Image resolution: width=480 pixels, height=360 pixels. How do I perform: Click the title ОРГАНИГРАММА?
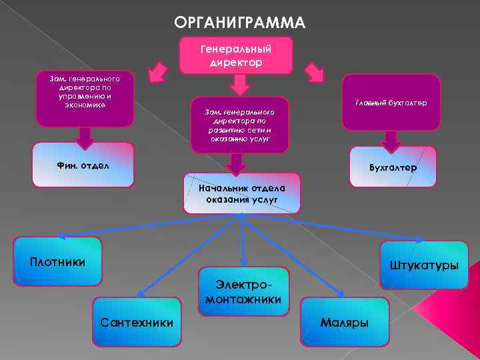(239, 23)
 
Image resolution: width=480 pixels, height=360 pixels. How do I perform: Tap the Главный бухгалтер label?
(391, 103)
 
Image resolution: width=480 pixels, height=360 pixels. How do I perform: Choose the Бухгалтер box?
(393, 167)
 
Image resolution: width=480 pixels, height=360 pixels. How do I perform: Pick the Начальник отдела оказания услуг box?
(242, 193)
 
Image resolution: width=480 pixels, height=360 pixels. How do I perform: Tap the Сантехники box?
(137, 322)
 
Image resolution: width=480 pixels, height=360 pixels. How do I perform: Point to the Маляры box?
(345, 322)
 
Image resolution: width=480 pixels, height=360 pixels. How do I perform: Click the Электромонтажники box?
(243, 292)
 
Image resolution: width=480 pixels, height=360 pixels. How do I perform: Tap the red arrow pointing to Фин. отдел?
(84, 138)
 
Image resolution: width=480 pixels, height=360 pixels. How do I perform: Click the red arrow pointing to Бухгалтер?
(391, 141)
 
